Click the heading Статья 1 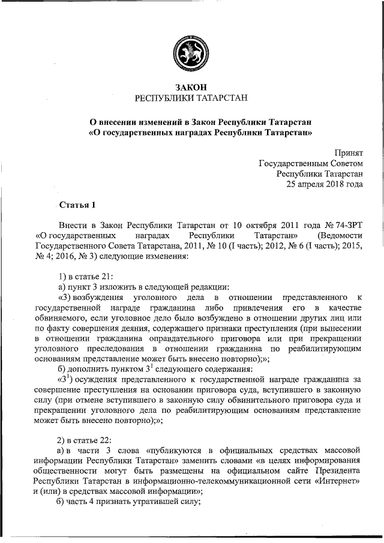77,206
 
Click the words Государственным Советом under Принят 311,163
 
